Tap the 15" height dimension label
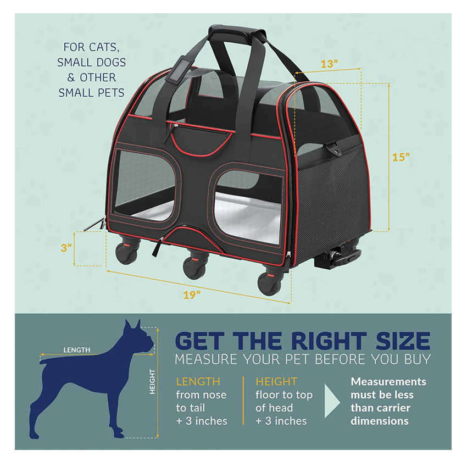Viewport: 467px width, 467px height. click(x=401, y=157)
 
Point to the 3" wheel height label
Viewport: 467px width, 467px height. click(x=66, y=248)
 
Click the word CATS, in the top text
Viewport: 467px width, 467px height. click(x=109, y=47)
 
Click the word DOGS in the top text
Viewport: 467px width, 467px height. click(x=108, y=62)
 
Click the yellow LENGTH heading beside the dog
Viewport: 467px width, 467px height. click(x=198, y=381)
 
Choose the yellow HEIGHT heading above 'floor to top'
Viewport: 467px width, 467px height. click(x=276, y=381)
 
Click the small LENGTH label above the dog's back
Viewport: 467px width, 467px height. click(x=77, y=349)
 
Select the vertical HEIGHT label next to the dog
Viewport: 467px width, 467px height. click(x=153, y=382)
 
